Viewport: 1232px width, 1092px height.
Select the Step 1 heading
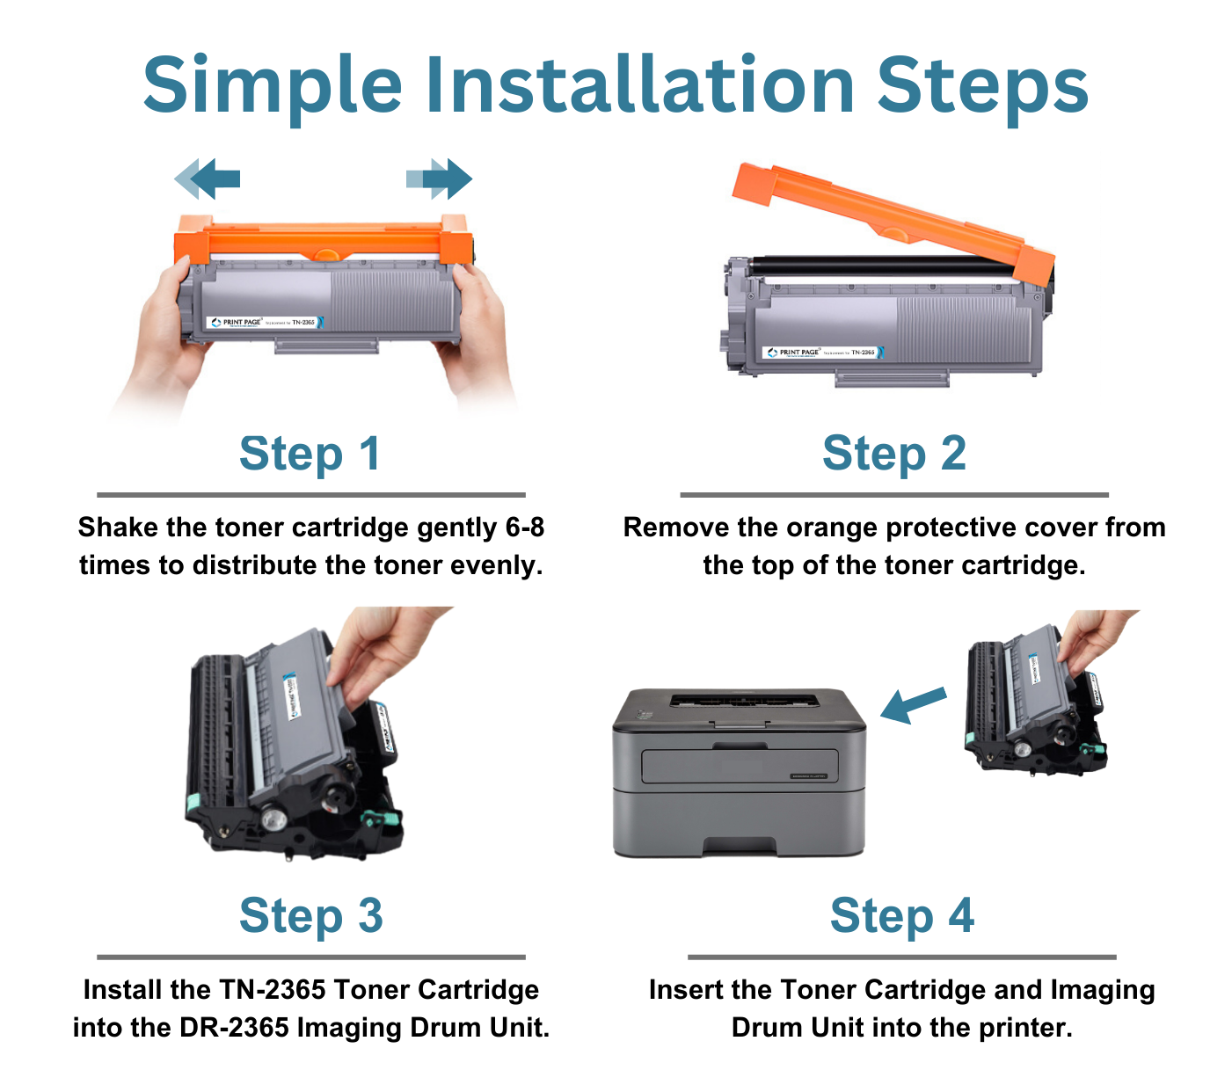coord(310,454)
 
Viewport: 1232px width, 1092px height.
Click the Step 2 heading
coord(893,454)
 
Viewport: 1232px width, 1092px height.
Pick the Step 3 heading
coord(310,916)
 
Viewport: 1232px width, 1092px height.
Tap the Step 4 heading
coord(901,916)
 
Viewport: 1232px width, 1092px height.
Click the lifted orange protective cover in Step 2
coord(888,216)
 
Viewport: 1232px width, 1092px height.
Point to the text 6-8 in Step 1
coord(524,528)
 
